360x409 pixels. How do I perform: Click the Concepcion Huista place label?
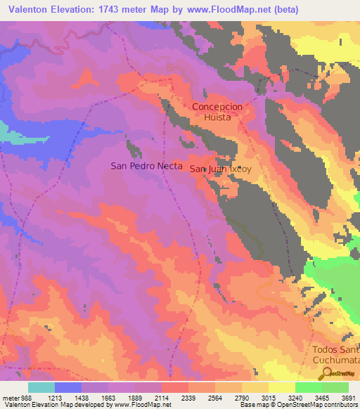(217, 112)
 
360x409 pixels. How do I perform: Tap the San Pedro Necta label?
(147, 167)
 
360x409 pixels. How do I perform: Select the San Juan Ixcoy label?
(221, 169)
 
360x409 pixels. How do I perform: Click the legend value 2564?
(214, 397)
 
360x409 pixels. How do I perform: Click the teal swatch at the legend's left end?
(41, 387)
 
